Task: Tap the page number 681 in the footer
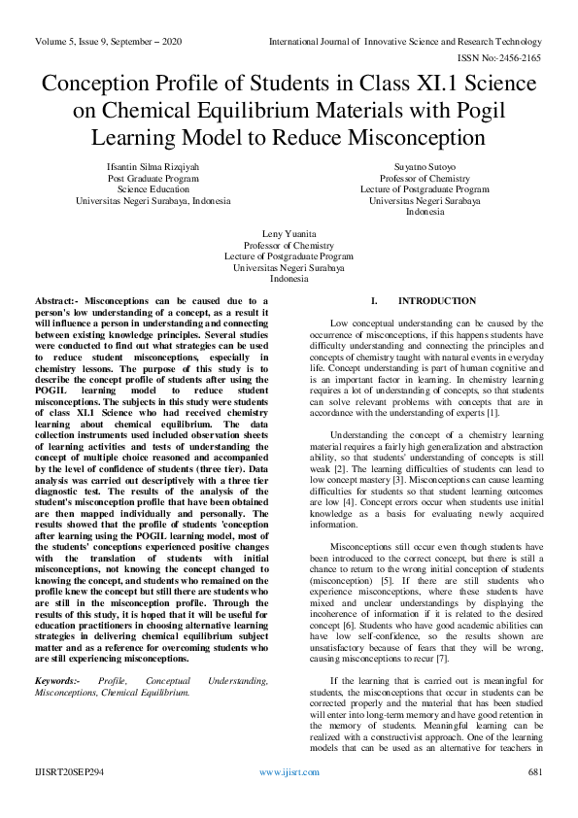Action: point(533,799)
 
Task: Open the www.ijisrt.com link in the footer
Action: point(289,799)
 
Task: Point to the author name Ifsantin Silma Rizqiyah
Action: point(153,167)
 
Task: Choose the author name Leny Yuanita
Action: point(289,234)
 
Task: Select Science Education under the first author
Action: point(153,189)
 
